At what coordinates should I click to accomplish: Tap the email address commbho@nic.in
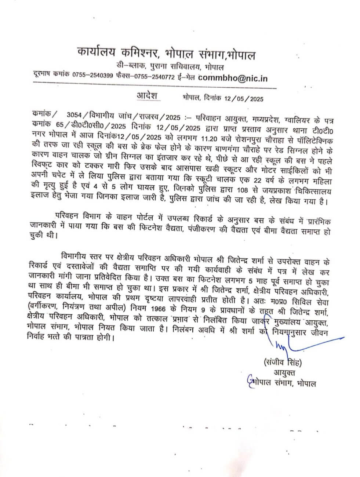click(233, 78)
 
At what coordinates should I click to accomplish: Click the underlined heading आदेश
click(147, 96)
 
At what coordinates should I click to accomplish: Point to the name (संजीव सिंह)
click(282, 363)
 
